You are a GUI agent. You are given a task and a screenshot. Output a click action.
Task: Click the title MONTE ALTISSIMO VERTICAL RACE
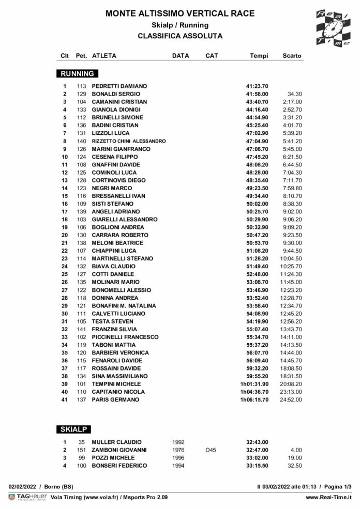point(180,13)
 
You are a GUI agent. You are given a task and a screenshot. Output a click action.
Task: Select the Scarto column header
point(292,55)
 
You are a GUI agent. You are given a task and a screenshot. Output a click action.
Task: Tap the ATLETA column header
point(103,55)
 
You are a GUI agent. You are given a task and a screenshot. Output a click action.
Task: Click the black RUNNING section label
point(78,73)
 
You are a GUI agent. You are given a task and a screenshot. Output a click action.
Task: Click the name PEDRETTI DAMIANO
point(119,86)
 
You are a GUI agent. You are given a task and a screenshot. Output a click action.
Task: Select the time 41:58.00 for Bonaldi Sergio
point(257,94)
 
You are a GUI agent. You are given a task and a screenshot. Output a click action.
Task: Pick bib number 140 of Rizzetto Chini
point(81,141)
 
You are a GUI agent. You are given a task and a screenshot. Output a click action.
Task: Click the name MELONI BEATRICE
point(114,243)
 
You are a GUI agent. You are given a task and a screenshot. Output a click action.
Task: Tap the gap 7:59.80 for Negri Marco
point(292,188)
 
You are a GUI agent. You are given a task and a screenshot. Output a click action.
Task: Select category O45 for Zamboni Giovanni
point(211,450)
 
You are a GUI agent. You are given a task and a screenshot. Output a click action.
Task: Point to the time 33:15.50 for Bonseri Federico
point(257,466)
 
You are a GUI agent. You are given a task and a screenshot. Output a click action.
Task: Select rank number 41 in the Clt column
point(65,400)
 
